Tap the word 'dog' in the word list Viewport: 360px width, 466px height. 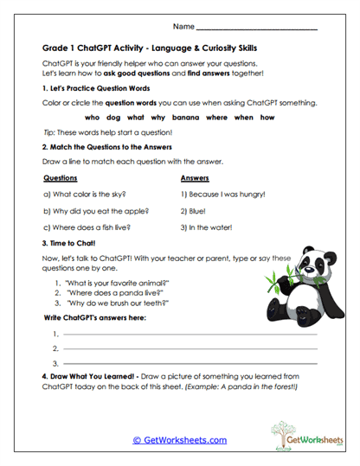pyautogui.click(x=113, y=117)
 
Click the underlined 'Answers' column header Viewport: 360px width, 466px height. pyautogui.click(x=195, y=178)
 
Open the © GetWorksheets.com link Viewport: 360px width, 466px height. pyautogui.click(x=180, y=439)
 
